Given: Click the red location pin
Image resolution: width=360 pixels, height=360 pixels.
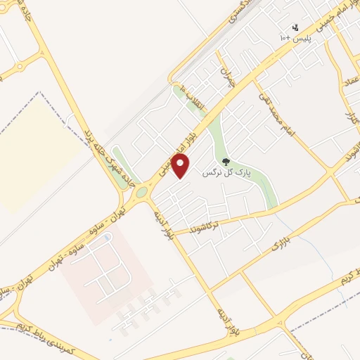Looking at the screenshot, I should click(x=181, y=167).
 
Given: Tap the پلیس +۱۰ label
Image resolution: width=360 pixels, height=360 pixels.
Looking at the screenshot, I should click(x=295, y=37).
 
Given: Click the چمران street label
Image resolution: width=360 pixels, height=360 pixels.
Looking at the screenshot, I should click(x=226, y=77).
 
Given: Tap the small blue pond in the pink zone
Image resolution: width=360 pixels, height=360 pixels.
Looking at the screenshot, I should click(x=107, y=239).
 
